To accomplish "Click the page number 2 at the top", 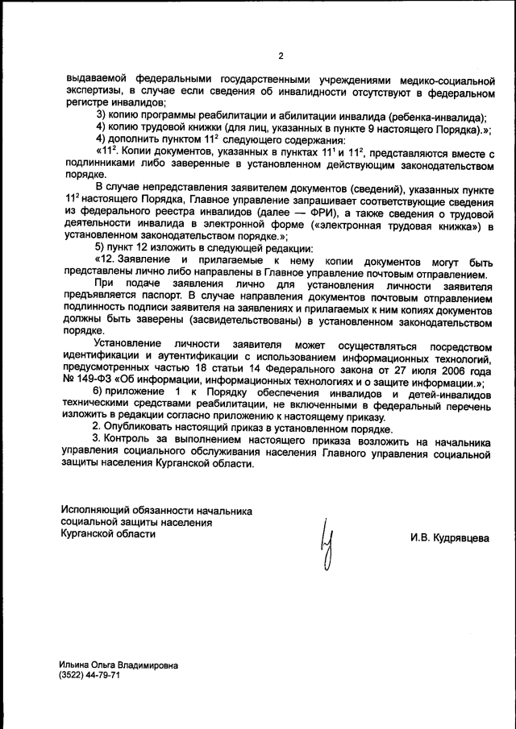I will (x=281, y=56).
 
